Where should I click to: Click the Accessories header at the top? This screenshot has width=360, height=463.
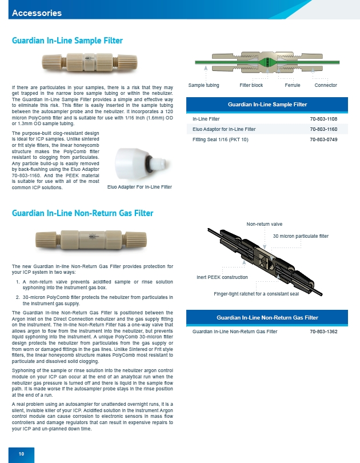37,13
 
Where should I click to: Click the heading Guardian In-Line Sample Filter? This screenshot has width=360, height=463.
67,41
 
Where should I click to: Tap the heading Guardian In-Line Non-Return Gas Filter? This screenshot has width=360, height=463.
82,213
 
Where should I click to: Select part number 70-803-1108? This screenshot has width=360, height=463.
323,119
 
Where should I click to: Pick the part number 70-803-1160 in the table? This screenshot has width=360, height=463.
323,129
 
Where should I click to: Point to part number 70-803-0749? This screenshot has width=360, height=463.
323,139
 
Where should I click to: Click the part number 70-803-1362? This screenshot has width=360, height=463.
323,332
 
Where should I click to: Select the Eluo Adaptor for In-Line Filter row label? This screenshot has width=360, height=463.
224,129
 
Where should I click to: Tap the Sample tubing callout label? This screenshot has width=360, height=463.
204,85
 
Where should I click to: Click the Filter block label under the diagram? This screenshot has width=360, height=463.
251,85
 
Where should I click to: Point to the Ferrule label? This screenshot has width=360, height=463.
293,85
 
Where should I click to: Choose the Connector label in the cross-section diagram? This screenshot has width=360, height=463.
326,85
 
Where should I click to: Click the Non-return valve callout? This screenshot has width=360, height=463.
265,223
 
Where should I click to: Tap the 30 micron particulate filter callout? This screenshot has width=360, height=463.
301,236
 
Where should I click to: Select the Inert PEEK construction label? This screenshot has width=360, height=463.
222,277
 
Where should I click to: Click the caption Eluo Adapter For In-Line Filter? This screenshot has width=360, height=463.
139,187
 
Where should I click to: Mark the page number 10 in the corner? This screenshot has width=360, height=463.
21,454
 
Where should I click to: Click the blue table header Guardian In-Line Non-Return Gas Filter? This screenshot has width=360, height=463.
267,317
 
